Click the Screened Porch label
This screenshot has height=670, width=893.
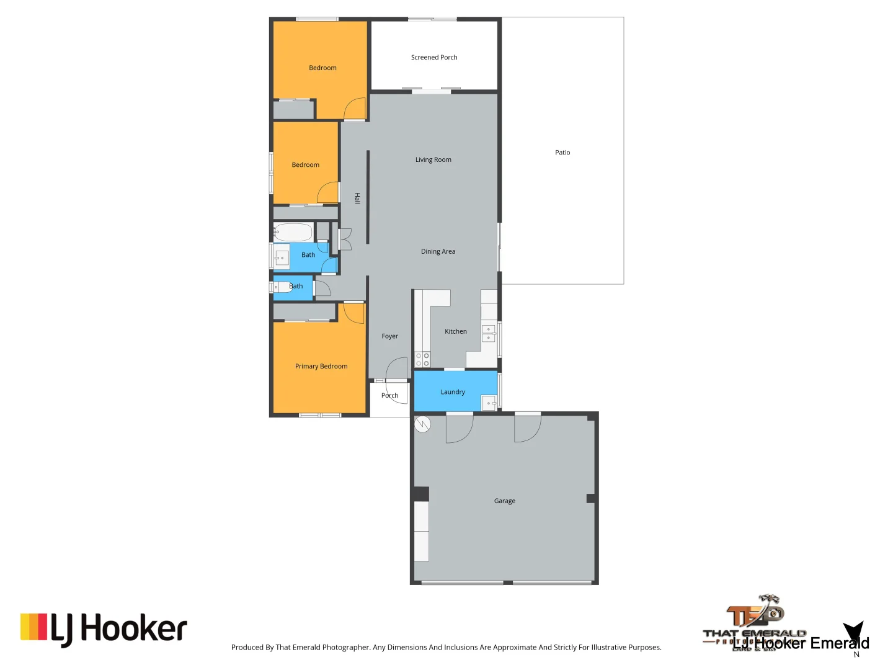(434, 58)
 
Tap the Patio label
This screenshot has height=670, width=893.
(562, 153)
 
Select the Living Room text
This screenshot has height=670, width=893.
(433, 160)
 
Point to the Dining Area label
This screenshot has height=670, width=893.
(438, 252)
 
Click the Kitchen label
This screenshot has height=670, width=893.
(456, 332)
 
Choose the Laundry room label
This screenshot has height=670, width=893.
(453, 392)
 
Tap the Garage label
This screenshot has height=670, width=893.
(505, 501)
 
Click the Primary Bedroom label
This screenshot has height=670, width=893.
(321, 367)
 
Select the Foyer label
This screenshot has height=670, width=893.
(389, 336)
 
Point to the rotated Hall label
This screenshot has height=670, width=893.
(357, 198)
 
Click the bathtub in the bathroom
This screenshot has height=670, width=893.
(293, 233)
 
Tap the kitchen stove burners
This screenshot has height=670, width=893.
(422, 360)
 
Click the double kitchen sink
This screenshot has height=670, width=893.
(489, 334)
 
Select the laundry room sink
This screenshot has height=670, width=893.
(489, 403)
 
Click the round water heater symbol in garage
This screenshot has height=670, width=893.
(423, 424)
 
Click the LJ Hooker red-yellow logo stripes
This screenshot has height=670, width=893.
(34, 627)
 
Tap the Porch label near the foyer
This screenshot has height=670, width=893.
(389, 396)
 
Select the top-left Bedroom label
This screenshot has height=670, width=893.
(322, 68)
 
